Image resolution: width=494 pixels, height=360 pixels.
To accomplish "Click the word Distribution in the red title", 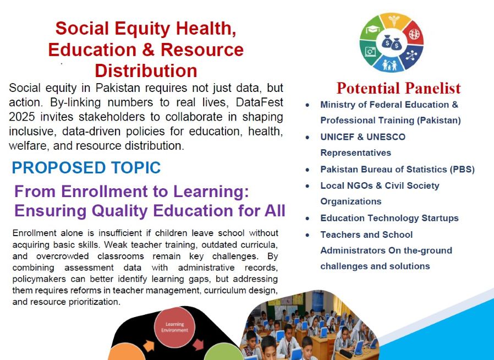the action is pos(146,70).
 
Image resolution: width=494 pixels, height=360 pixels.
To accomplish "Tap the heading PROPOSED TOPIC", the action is pos(86,167).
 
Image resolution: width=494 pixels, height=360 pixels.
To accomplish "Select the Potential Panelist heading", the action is pos(398,88).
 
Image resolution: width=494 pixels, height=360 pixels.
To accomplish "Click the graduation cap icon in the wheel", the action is pos(373,29).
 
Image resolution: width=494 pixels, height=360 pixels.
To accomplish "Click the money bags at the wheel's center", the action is pos(392,42).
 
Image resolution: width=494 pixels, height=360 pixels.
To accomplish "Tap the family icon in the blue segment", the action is pos(389,65).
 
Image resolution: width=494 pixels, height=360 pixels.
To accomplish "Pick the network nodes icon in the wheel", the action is pos(411,56).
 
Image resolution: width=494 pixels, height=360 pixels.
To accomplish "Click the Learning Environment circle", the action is pos(174,327).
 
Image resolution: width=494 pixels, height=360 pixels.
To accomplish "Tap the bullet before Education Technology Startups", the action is pos(308,219).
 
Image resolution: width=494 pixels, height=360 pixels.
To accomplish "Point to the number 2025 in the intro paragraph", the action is pos(22,117).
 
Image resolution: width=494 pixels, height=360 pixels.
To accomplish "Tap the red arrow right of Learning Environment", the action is pos(199,344).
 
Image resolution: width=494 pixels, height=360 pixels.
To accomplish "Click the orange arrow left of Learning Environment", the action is pos(149,346).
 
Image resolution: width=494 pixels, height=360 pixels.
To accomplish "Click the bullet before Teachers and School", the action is pos(308,235).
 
